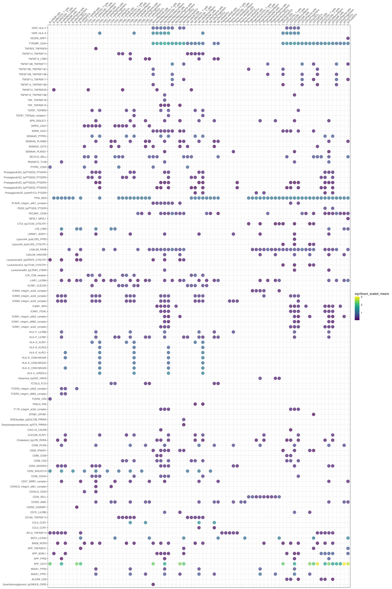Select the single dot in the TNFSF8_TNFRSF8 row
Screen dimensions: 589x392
click(96, 49)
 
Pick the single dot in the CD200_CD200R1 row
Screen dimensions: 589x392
click(77, 507)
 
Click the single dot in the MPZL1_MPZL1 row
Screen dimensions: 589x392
click(348, 219)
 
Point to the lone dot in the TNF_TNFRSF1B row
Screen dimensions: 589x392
click(165, 100)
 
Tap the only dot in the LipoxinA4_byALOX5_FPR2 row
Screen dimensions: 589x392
click(294, 239)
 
